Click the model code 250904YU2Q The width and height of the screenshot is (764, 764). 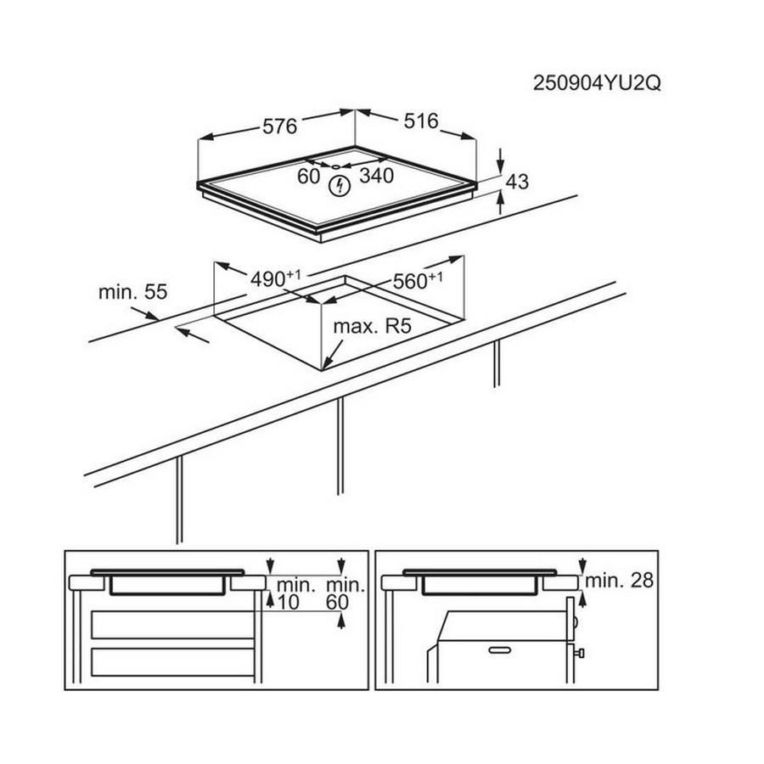[x=597, y=83]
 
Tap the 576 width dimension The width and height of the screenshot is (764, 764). [x=279, y=126]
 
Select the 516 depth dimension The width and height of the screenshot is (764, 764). [x=421, y=121]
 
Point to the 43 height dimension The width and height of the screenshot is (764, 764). [x=517, y=182]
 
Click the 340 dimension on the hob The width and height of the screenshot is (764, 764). [x=376, y=176]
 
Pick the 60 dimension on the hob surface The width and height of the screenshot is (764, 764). [x=308, y=177]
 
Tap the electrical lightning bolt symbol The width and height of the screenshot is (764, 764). [x=339, y=186]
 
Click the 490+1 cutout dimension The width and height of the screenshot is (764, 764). [x=275, y=278]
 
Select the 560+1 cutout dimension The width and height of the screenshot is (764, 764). [x=418, y=281]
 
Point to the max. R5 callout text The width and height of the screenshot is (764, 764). [x=373, y=326]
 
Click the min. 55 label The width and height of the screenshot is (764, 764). [x=132, y=292]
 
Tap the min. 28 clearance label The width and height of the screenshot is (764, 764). [x=619, y=581]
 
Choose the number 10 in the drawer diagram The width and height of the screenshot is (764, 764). [x=288, y=602]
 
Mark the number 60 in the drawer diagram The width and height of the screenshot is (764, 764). [x=337, y=602]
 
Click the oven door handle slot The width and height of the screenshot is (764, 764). [x=499, y=649]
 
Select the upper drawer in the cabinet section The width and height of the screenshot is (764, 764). [x=173, y=625]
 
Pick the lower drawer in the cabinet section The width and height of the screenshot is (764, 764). [x=173, y=662]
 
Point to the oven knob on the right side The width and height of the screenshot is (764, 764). [x=579, y=653]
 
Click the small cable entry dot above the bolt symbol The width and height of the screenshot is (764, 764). [x=335, y=166]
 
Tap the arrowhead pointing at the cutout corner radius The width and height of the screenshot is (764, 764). [x=327, y=362]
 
